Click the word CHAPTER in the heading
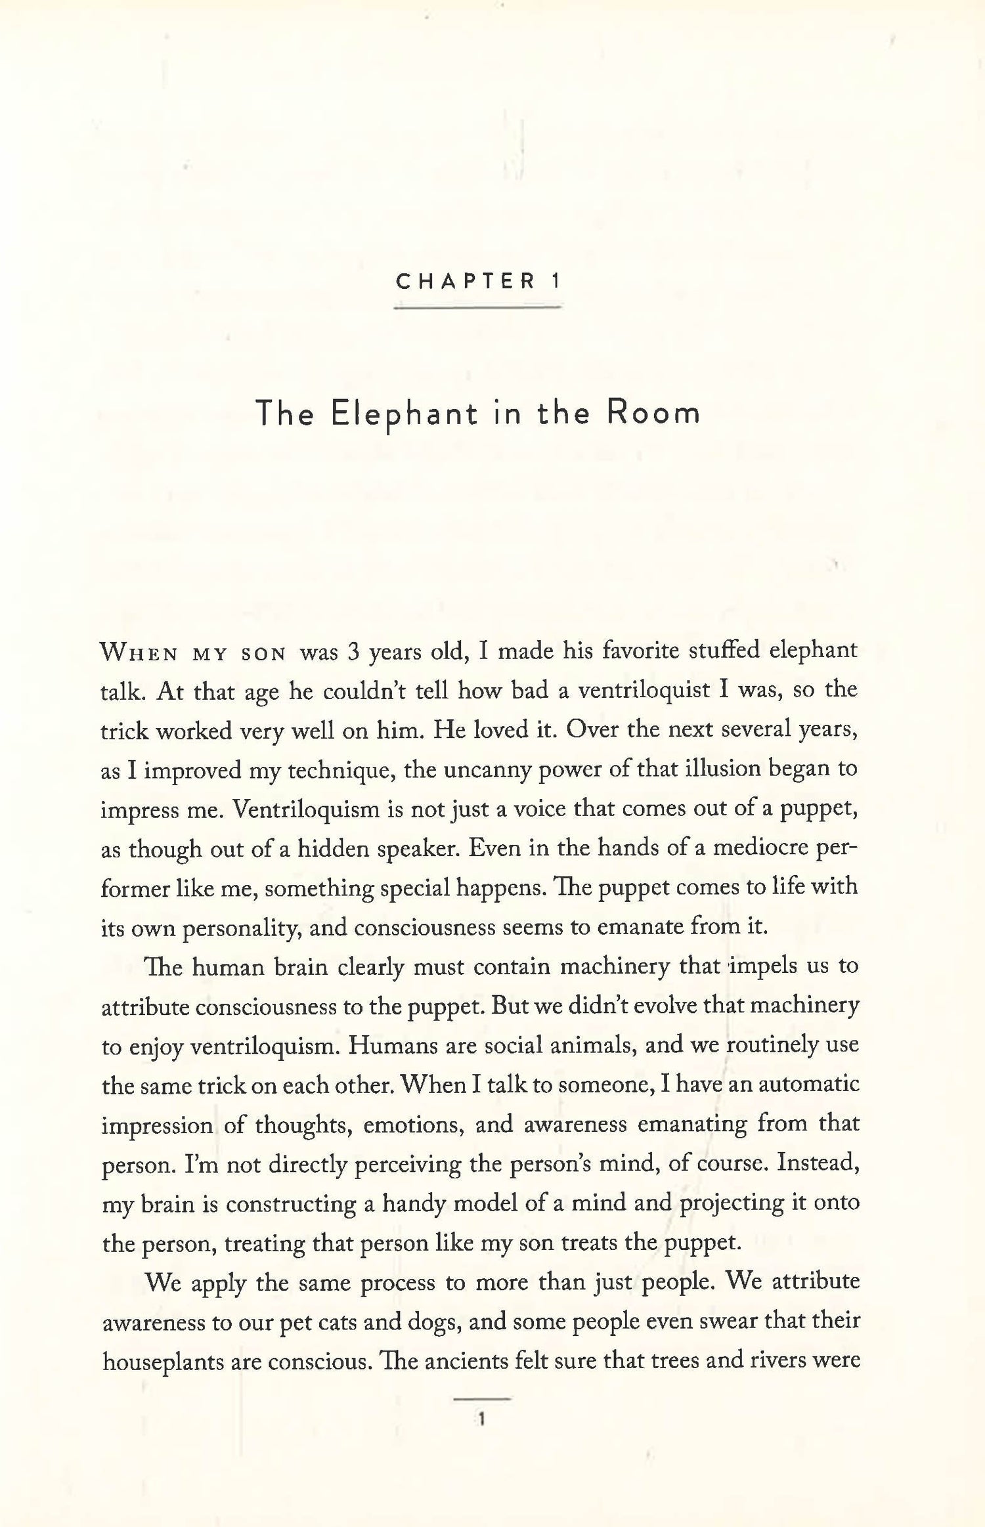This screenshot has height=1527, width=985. [x=466, y=282]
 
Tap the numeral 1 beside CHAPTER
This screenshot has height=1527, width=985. [x=556, y=282]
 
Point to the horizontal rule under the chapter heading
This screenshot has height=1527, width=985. [x=477, y=307]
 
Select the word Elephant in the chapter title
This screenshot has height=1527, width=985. [x=404, y=415]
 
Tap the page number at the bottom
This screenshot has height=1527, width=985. [x=482, y=1420]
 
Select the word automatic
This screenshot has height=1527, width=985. [x=809, y=1085]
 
